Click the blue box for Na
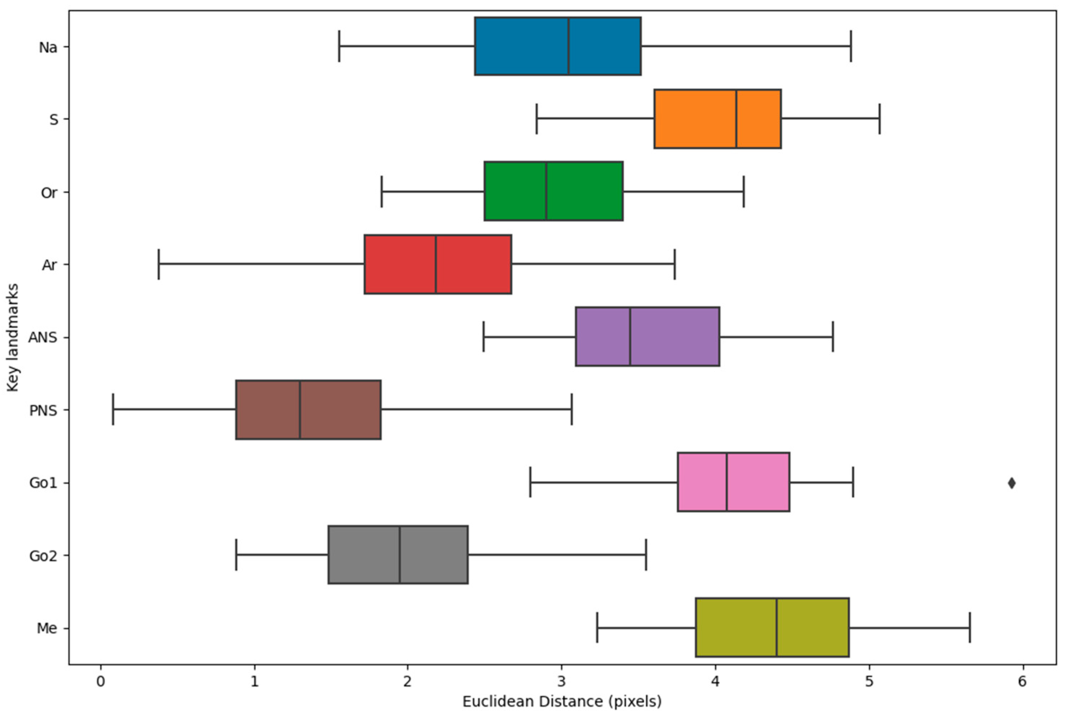[520, 46]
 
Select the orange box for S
[694, 119]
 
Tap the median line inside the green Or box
[546, 191]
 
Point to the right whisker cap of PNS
[571, 410]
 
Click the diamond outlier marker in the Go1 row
[1012, 483]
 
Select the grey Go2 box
[365, 555]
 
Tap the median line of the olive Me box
[776, 627]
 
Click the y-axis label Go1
[43, 483]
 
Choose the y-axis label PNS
[43, 410]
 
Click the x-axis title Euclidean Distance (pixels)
[562, 701]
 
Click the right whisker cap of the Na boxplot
[851, 46]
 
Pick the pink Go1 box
[703, 482]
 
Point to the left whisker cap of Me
[597, 627]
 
